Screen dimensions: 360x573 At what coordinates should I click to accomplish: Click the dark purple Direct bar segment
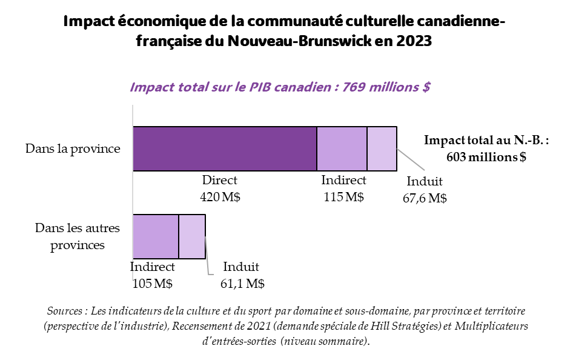click(225, 148)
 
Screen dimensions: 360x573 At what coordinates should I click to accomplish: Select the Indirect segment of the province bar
click(342, 148)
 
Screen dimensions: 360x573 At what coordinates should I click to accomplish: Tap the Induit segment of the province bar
click(382, 148)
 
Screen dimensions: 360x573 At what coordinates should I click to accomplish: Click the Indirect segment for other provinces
click(156, 236)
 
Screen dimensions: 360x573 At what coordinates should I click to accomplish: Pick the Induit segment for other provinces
click(192, 236)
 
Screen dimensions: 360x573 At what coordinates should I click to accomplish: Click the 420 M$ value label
click(220, 197)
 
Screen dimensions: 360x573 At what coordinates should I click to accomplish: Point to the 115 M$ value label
click(343, 197)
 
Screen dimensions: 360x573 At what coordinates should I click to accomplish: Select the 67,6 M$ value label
click(425, 198)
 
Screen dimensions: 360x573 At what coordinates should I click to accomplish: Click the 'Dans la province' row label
click(73, 148)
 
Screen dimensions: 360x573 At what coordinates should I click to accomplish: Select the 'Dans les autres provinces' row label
click(78, 236)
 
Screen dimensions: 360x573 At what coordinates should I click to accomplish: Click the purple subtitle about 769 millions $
click(280, 87)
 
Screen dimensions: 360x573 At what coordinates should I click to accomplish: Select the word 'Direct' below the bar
click(220, 181)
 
